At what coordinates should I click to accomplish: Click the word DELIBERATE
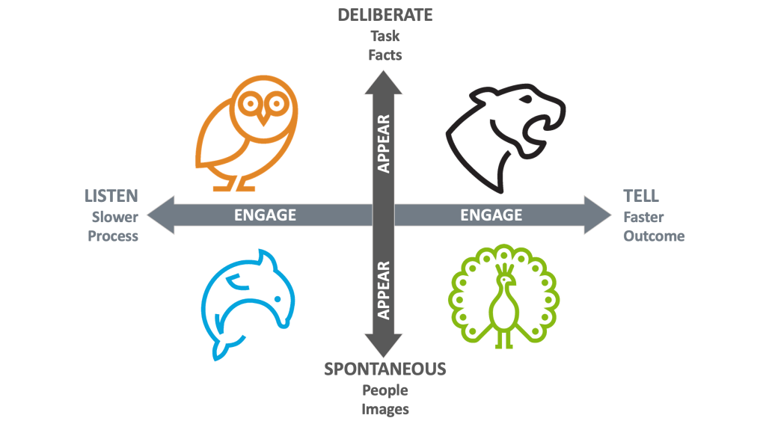384,15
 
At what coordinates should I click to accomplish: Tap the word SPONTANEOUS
384,369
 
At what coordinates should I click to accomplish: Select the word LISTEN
111,196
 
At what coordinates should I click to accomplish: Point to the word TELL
641,196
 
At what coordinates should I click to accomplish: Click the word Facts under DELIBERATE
384,55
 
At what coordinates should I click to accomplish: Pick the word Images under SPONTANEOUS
384,409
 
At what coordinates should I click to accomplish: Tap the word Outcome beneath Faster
654,236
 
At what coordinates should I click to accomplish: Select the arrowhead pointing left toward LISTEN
161,215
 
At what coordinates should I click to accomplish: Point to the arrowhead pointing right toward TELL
598,215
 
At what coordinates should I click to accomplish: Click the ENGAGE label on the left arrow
265,215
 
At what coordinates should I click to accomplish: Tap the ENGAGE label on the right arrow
491,215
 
